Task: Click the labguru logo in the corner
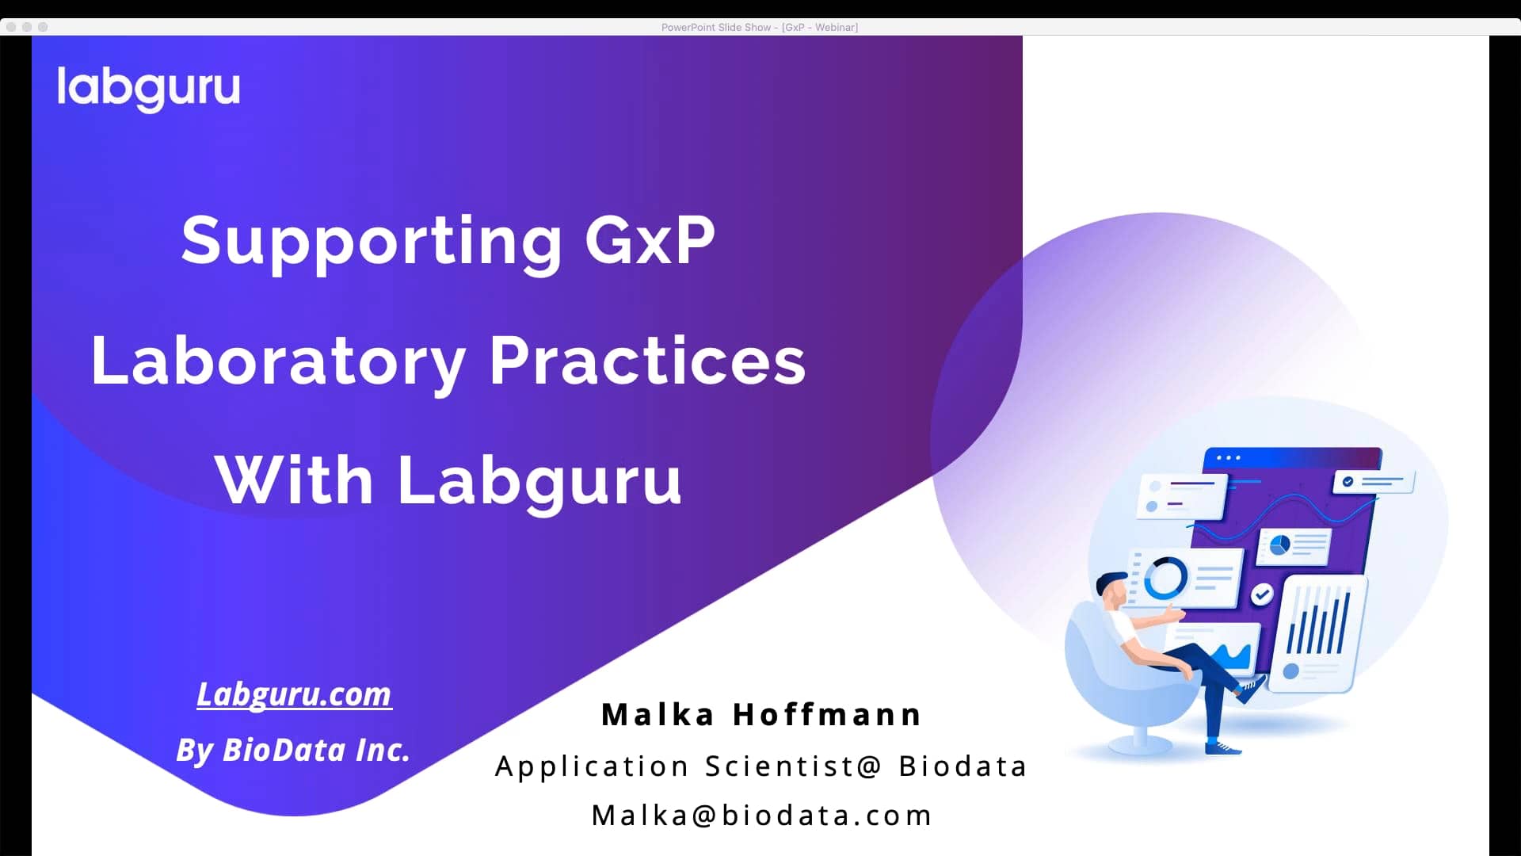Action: (148, 88)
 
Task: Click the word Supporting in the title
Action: (372, 241)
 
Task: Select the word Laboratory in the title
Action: (278, 361)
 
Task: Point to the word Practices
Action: (647, 361)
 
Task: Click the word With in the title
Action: (294, 480)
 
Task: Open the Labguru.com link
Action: (294, 694)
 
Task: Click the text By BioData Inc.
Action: (293, 750)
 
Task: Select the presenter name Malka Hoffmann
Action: (761, 715)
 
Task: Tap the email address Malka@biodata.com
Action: (761, 816)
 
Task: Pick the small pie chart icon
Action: (1279, 545)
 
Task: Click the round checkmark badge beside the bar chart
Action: (1262, 594)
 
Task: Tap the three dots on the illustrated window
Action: (1228, 458)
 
